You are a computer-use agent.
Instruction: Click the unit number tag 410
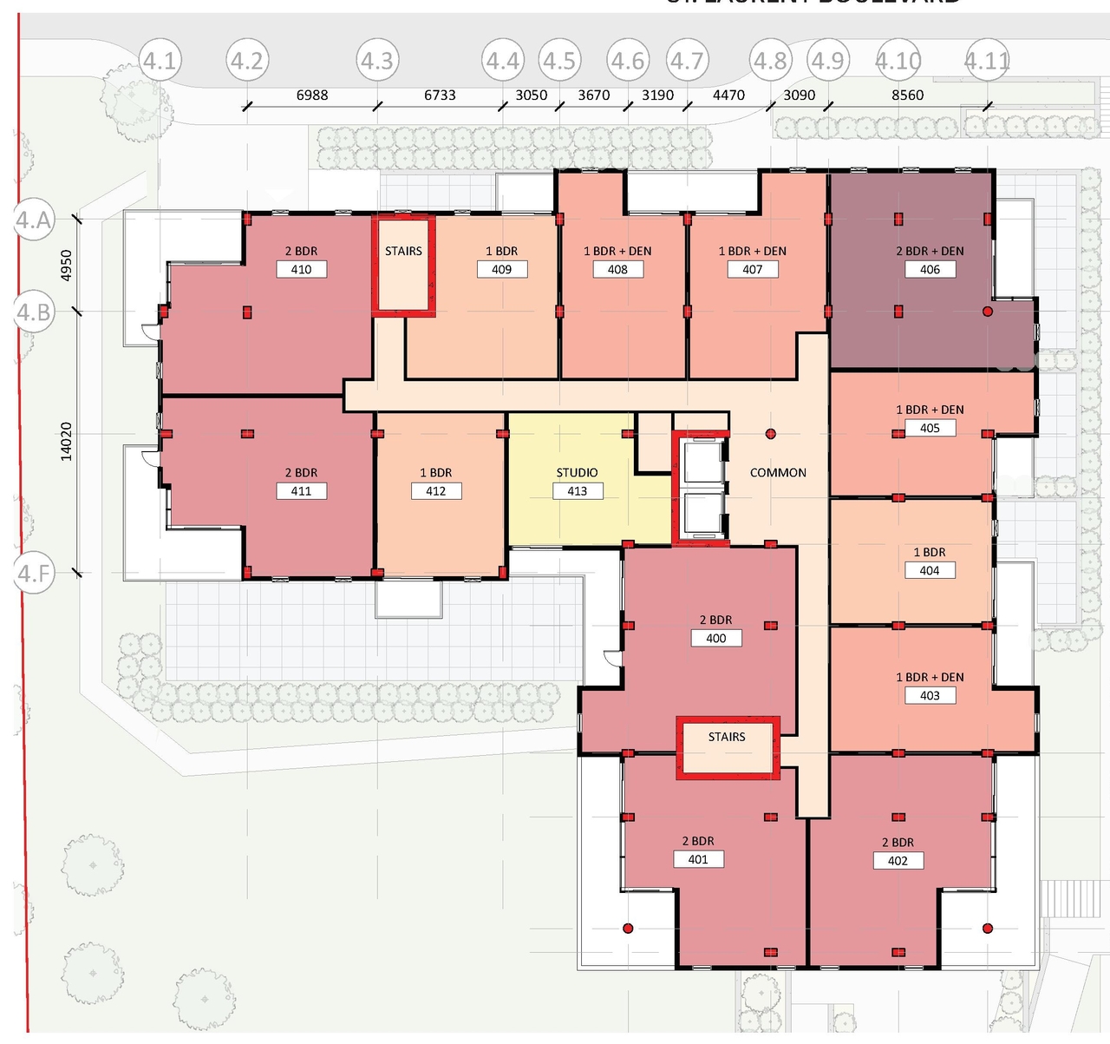coord(301,270)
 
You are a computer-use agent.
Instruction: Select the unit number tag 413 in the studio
coord(577,491)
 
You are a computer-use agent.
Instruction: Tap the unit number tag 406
coord(930,270)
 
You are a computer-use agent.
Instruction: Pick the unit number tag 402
coord(898,861)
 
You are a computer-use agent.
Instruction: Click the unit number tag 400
coord(715,639)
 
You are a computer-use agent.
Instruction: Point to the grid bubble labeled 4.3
coord(377,61)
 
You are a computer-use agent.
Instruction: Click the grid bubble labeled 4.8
coord(770,61)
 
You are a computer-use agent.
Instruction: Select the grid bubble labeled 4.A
coord(34,220)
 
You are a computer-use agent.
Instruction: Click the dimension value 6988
coord(312,95)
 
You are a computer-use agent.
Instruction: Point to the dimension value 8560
coord(908,95)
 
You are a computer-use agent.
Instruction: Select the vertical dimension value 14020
coord(67,441)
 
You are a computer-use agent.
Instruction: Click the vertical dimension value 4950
coord(67,266)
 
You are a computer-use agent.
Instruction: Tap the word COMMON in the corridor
coord(778,473)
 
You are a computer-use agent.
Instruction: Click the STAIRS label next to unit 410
coord(403,252)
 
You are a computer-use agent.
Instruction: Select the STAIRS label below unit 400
coord(727,737)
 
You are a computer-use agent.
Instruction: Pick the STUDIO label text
coord(577,473)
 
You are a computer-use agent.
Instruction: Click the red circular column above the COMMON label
coord(770,434)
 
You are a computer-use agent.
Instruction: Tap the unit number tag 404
coord(930,571)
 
